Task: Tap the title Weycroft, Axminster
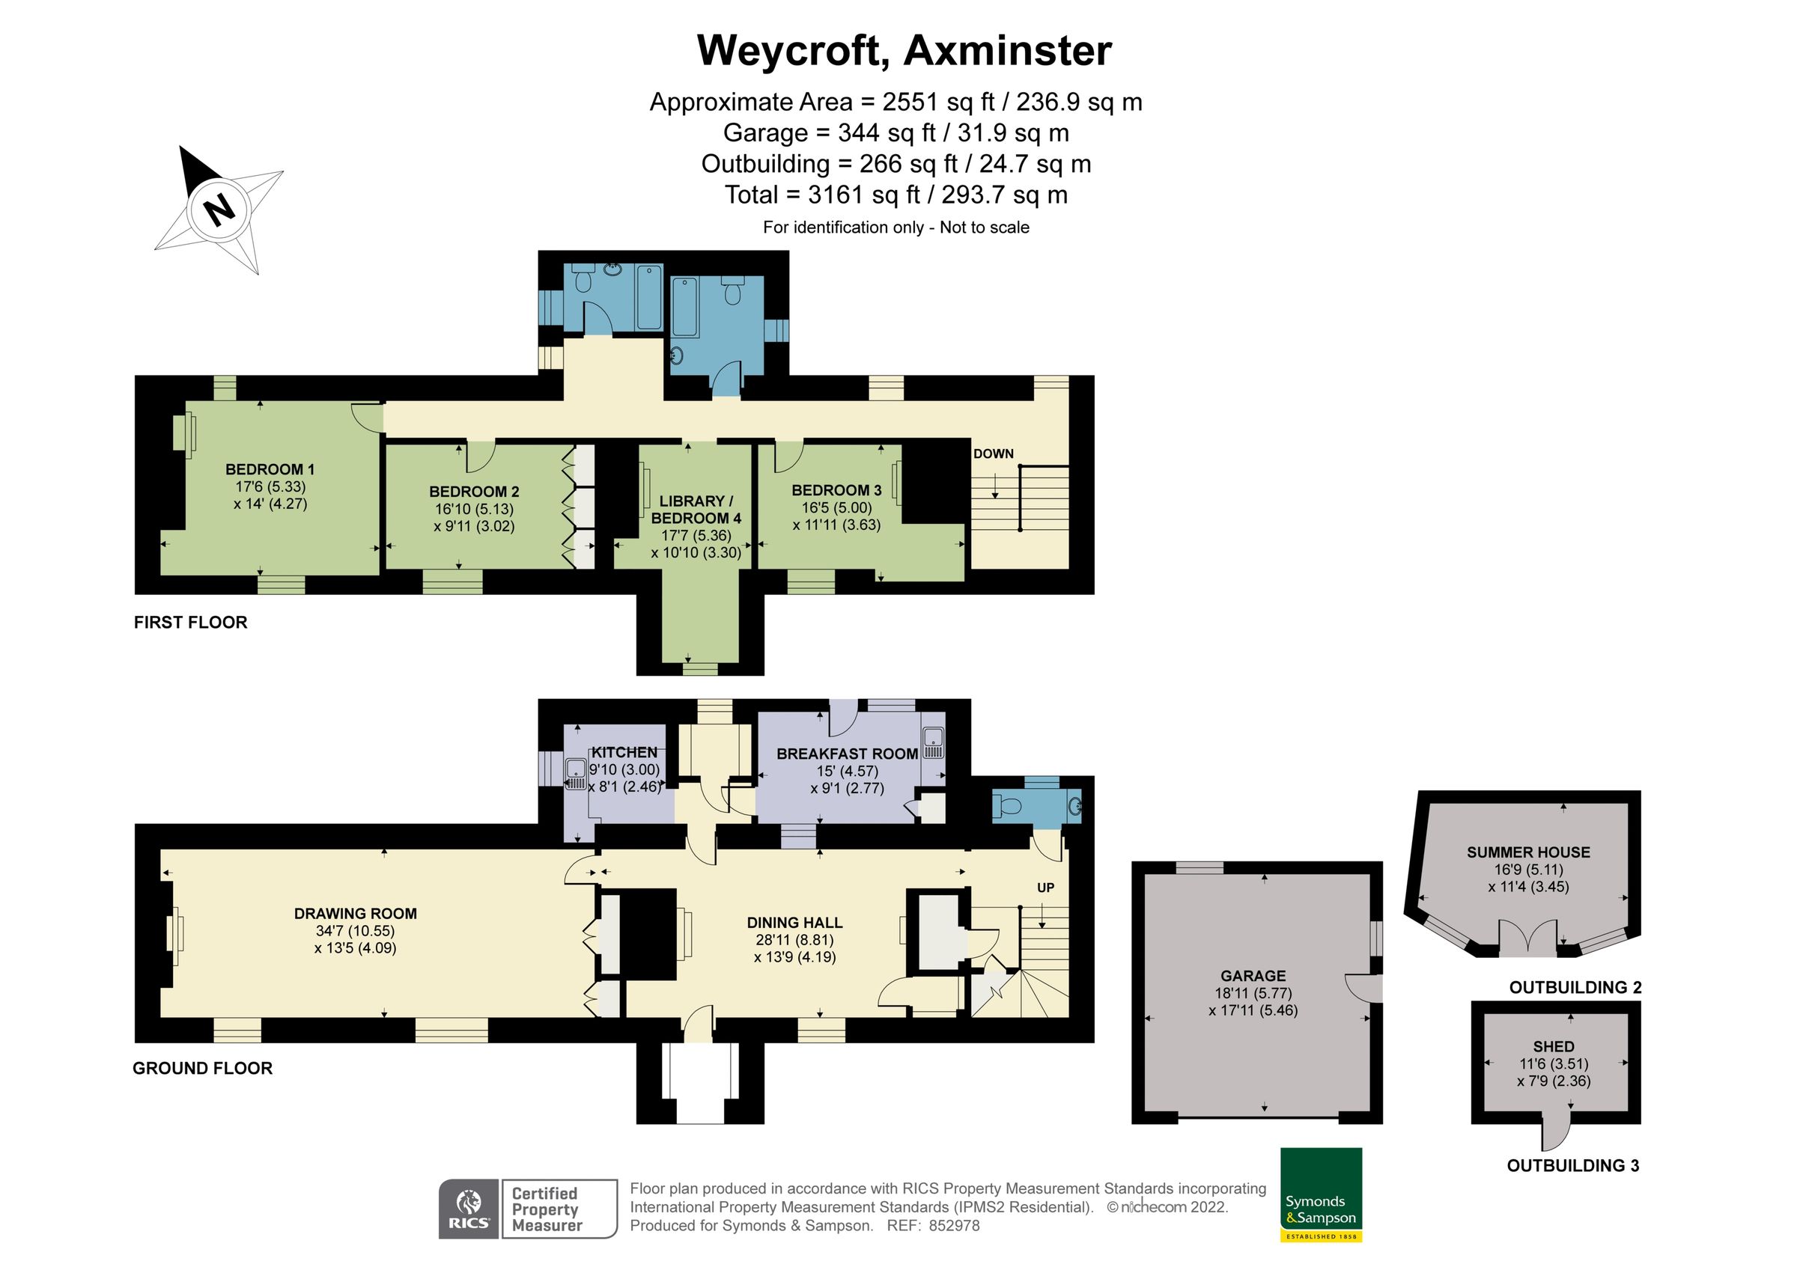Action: click(903, 51)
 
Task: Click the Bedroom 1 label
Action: click(270, 469)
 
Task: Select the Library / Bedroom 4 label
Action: click(696, 510)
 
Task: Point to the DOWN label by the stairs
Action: click(993, 454)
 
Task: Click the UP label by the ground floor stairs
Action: click(1046, 888)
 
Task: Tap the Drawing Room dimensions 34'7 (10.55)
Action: click(356, 931)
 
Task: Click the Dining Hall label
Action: click(794, 923)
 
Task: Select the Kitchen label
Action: click(624, 752)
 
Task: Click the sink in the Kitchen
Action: click(576, 772)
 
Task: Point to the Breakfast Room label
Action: click(847, 754)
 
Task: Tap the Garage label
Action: click(1253, 976)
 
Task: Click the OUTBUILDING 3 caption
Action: click(1572, 1187)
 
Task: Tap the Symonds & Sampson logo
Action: click(1320, 1194)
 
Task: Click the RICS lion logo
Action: click(468, 1209)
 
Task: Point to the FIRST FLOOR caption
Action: click(190, 622)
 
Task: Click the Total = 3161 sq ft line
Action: click(896, 195)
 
